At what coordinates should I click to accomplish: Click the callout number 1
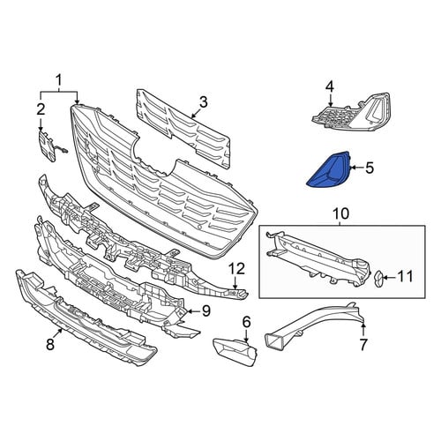tap(59, 80)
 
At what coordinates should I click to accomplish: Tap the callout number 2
tap(41, 109)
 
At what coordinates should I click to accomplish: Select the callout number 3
tap(204, 102)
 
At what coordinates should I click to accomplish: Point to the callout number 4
tap(330, 86)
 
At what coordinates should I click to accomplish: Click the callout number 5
tap(370, 168)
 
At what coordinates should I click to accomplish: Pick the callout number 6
tap(246, 322)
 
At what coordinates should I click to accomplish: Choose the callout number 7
tap(363, 345)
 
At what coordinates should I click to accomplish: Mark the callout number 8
tap(50, 345)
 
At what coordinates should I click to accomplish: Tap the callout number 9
tap(206, 310)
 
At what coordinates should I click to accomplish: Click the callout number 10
tap(341, 213)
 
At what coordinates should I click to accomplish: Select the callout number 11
tap(406, 277)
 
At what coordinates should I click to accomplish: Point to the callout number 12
tap(237, 269)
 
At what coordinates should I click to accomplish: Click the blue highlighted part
tap(329, 170)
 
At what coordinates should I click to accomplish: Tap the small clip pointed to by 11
tap(377, 278)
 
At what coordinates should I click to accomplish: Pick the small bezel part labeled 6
tap(235, 352)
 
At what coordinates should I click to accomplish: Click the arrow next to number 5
tap(356, 168)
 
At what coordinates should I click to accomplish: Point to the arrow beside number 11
tap(389, 277)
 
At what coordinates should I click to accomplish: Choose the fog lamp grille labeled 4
tap(351, 113)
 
